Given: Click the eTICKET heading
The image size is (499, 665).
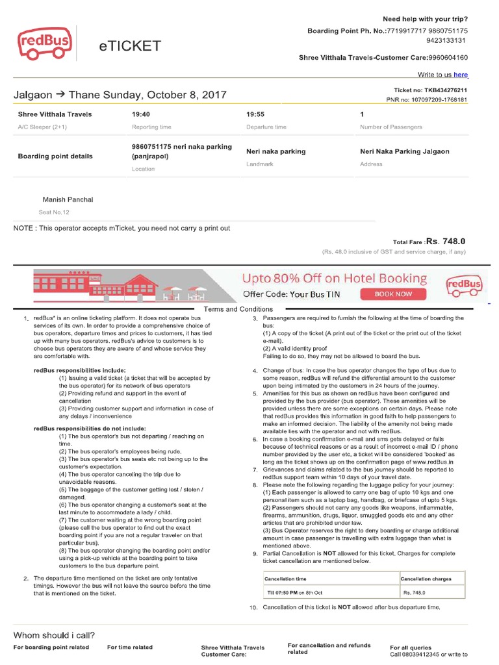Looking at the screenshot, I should tap(130, 46).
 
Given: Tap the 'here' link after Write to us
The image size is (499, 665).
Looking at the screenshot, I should tap(461, 75).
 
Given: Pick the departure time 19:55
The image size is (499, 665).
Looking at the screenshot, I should tap(255, 114).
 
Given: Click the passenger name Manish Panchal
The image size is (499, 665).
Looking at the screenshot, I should tap(68, 199).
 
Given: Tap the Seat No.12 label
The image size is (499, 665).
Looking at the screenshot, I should tap(54, 212).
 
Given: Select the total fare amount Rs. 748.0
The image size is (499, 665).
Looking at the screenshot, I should tap(446, 242).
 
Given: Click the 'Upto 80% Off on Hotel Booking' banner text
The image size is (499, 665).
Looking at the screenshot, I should tap(335, 279).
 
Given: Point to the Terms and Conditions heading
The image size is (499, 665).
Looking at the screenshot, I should tap(238, 309).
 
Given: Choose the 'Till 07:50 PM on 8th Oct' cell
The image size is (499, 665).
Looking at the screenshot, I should tap(295, 592).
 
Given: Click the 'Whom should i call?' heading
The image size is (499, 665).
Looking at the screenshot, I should tap(55, 635).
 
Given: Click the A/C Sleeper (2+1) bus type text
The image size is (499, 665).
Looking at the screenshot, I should tap(42, 127).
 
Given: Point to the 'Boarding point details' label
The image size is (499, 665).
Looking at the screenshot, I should tap(55, 157).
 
